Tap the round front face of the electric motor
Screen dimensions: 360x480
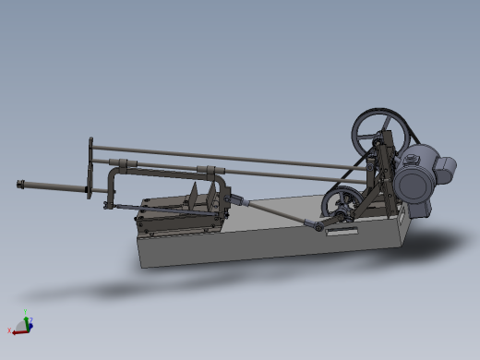click(x=412, y=185)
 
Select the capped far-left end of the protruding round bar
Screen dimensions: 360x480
click(x=20, y=185)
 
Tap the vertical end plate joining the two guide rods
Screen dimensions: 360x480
click(x=90, y=166)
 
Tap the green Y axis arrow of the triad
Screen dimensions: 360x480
click(x=26, y=316)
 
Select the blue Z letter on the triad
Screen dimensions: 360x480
click(x=31, y=323)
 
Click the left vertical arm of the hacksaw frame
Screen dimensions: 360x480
click(x=112, y=188)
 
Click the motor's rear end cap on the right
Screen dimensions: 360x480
click(x=447, y=169)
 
